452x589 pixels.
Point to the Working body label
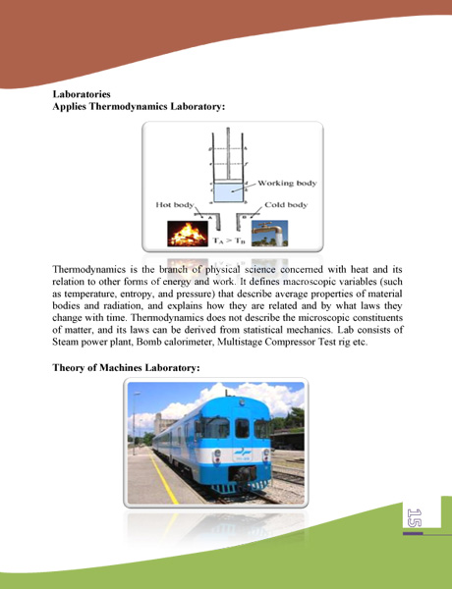coord(284,184)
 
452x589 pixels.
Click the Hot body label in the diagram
coord(176,204)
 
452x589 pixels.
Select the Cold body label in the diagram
coord(286,204)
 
